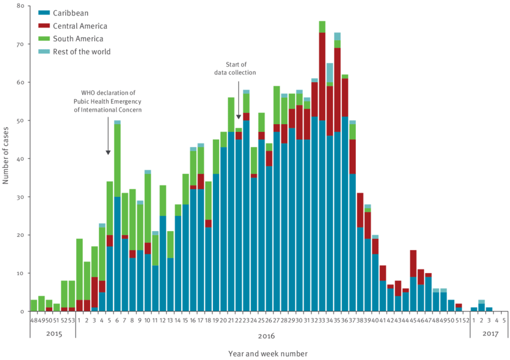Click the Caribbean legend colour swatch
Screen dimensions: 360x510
pos(43,13)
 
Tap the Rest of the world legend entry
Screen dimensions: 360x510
pos(82,52)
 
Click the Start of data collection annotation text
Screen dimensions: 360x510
pos(235,68)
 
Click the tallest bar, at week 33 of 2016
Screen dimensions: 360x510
pos(322,168)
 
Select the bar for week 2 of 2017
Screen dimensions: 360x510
pos(481,306)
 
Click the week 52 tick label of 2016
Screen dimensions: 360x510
pos(466,320)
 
